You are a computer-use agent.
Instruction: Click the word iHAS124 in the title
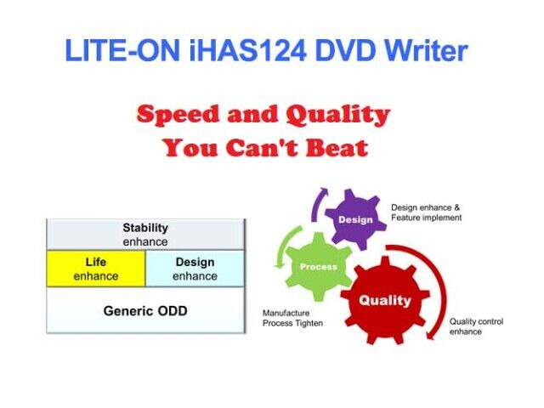[x=248, y=51]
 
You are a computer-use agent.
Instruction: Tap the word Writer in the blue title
[x=427, y=51]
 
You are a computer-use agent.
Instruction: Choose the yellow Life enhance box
[x=96, y=269]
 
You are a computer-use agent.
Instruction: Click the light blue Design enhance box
[x=195, y=269]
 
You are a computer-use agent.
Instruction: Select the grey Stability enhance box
[x=145, y=235]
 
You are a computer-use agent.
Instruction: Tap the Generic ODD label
[x=145, y=311]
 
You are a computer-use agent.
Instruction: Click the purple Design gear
[x=355, y=219]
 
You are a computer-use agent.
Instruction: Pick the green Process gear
[x=319, y=266]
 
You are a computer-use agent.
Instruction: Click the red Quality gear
[x=385, y=300]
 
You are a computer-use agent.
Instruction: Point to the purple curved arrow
[x=315, y=204]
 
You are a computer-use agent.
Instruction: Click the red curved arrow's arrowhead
[x=431, y=334]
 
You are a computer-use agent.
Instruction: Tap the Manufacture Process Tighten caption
[x=292, y=318]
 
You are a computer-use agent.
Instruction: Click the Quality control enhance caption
[x=476, y=326]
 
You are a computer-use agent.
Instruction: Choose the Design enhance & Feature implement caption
[x=427, y=212]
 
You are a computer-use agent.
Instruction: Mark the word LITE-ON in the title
[x=122, y=51]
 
